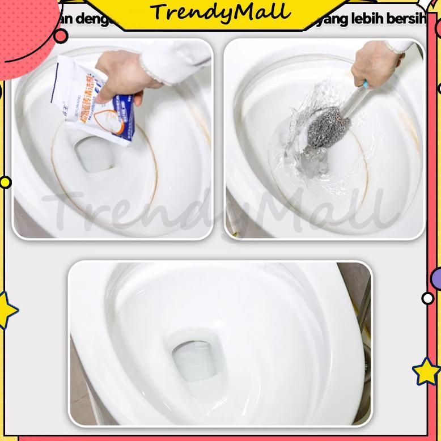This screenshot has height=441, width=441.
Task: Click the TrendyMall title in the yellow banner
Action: tap(220, 13)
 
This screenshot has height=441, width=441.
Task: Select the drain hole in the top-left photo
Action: tap(93, 154)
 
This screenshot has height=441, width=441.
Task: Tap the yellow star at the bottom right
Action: tap(426, 371)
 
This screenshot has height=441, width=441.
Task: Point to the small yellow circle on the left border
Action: tap(5, 183)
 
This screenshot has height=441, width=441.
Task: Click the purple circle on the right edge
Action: tap(436, 278)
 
